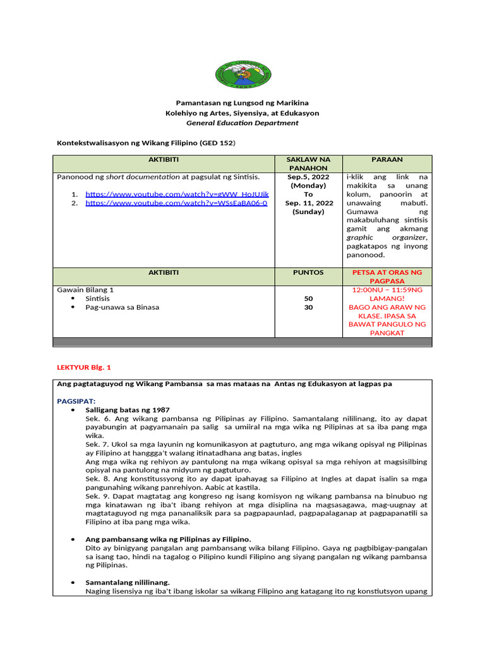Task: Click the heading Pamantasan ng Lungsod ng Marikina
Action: (242, 102)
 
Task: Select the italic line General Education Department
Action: (242, 123)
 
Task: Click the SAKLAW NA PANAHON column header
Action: (308, 164)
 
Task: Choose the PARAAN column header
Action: (388, 160)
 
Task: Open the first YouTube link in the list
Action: (177, 195)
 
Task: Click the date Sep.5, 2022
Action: (308, 177)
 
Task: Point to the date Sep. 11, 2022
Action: (308, 203)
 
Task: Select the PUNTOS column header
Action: (308, 272)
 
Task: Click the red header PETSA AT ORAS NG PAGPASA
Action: (388, 277)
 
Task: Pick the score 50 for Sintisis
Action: (308, 298)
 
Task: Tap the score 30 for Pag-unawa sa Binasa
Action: (308, 307)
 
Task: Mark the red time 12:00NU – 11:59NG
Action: (388, 289)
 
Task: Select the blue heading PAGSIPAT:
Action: (76, 401)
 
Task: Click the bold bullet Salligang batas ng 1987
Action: (128, 409)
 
